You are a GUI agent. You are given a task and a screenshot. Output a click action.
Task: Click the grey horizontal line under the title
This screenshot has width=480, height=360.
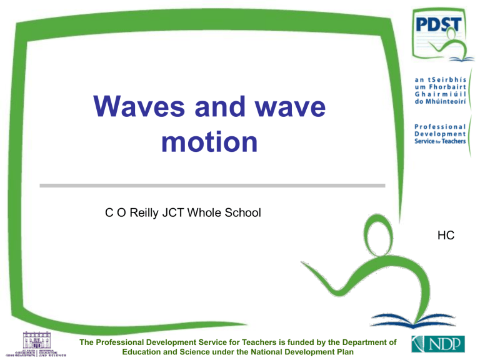(x=212, y=185)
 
